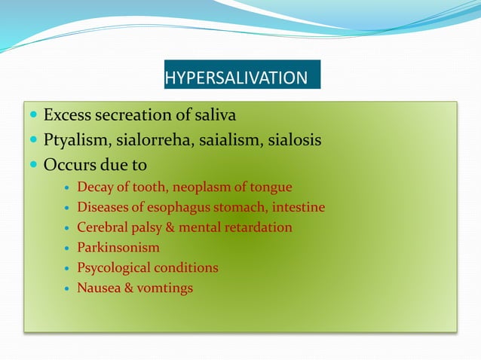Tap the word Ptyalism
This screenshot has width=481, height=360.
[74, 140]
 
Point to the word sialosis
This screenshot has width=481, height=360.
[296, 140]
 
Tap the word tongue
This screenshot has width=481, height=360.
[271, 187]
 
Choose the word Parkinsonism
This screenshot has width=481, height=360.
[118, 247]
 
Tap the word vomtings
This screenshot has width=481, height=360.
[164, 288]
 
